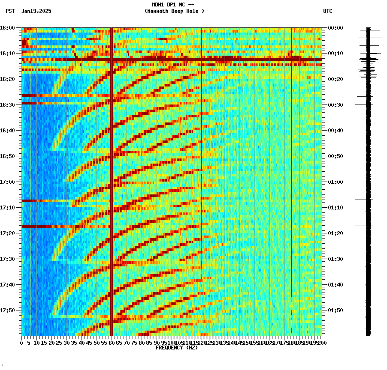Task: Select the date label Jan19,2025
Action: click(36, 11)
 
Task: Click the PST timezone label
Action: click(10, 11)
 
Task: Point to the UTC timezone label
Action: click(327, 11)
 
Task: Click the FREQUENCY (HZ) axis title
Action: click(176, 348)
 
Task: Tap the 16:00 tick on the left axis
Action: click(7, 28)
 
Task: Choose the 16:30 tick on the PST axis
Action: click(7, 105)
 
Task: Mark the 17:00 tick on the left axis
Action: click(7, 182)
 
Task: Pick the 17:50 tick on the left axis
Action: click(7, 310)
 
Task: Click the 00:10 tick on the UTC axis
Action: click(335, 54)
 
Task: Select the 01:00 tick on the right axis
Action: click(335, 182)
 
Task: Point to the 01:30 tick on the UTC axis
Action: click(335, 259)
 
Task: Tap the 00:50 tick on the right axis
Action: click(335, 156)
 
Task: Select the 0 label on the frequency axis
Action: click(22, 343)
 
